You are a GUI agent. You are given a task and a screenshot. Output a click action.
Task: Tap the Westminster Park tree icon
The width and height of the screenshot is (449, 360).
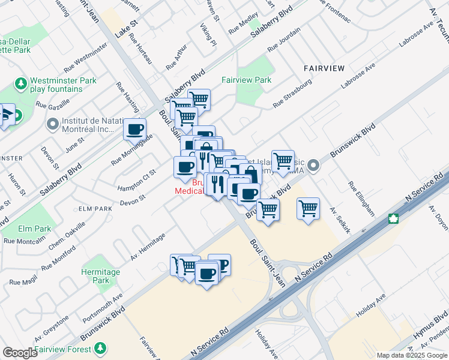coord(22,82)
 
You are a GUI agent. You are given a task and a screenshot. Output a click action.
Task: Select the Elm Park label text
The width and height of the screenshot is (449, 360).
coord(34,229)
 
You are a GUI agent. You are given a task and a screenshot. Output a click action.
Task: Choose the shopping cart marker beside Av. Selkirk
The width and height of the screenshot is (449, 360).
coord(308,209)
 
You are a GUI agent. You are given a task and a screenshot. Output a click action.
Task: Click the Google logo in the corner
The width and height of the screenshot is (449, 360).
coord(20,353)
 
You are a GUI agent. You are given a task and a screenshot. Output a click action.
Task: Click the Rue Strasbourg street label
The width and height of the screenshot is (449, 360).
coord(292,94)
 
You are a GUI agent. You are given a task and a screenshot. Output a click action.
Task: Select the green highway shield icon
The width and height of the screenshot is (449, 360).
coord(394,218)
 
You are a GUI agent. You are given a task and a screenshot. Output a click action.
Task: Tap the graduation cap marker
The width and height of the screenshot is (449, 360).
coord(7,115)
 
